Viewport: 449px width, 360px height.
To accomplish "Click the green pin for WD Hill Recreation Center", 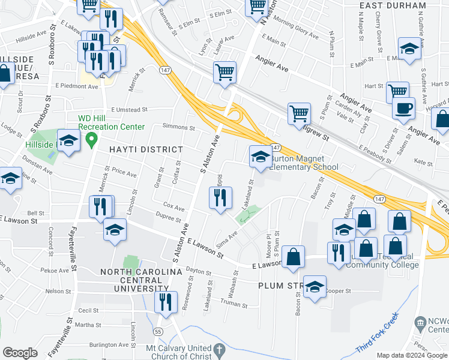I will tap(91, 140).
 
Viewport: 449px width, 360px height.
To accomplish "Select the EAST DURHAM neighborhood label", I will tap(393, 5).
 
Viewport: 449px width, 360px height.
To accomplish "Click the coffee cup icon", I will tap(403, 109).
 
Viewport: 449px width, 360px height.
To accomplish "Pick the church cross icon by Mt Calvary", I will tap(220, 350).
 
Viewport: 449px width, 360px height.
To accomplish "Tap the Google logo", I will tap(20, 353).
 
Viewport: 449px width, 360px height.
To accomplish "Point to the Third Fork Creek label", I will tap(378, 341).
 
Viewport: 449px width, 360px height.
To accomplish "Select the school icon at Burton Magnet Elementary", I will tap(260, 157).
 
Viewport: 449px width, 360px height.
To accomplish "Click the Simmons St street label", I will tap(179, 127).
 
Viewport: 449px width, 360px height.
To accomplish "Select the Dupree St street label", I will tap(169, 220).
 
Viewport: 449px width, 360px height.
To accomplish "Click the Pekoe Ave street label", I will tap(55, 271).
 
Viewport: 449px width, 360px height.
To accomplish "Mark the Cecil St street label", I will tap(88, 310).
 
